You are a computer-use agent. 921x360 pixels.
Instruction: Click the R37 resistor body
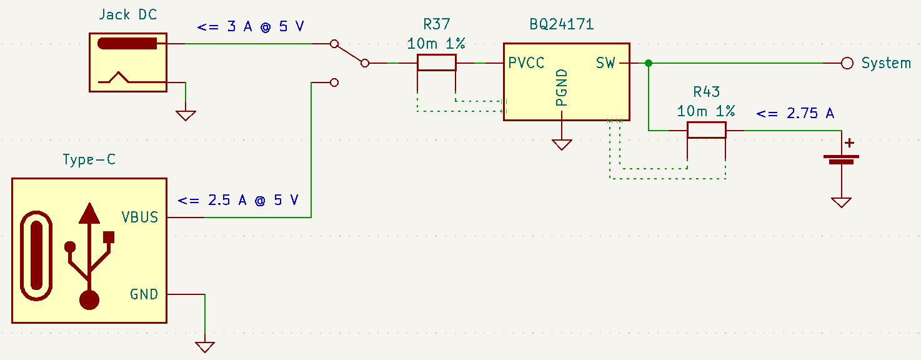point(436,63)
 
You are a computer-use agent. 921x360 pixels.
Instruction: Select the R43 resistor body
point(706,130)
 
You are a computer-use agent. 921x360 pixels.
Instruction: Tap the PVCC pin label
point(526,63)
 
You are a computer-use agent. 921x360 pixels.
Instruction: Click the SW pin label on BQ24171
point(605,63)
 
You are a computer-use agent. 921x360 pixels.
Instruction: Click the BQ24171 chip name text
point(561,25)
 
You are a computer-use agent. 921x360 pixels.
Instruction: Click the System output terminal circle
point(847,63)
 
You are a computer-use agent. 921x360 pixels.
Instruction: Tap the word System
point(886,63)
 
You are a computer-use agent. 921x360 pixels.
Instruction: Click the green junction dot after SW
point(649,63)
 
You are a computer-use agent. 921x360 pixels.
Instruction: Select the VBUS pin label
point(139,217)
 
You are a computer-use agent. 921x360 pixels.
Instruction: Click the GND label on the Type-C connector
point(144,294)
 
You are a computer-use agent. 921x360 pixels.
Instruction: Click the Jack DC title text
point(127,14)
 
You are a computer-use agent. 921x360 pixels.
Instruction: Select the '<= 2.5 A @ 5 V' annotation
point(237,201)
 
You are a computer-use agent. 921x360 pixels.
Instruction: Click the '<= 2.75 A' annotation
point(795,114)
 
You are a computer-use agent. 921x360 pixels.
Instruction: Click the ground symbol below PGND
point(562,145)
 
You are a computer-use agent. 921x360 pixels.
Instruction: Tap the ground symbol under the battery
point(841,202)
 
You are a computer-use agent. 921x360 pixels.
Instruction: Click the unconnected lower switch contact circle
point(334,82)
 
